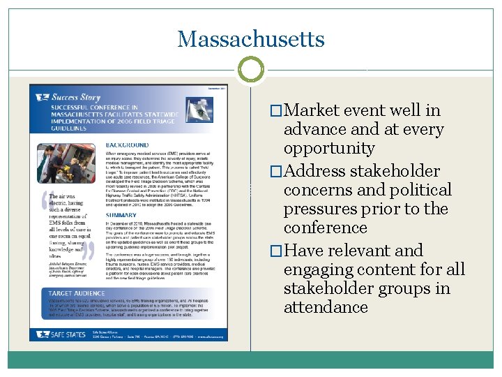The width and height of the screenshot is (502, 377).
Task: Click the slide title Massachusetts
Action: (251, 38)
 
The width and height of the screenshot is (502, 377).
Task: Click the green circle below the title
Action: (251, 70)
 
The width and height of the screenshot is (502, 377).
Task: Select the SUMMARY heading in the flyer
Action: (122, 216)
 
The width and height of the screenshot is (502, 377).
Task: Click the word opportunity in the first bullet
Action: (329, 148)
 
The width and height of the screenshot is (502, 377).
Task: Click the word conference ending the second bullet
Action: (325, 228)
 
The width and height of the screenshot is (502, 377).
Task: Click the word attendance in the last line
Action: (326, 307)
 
